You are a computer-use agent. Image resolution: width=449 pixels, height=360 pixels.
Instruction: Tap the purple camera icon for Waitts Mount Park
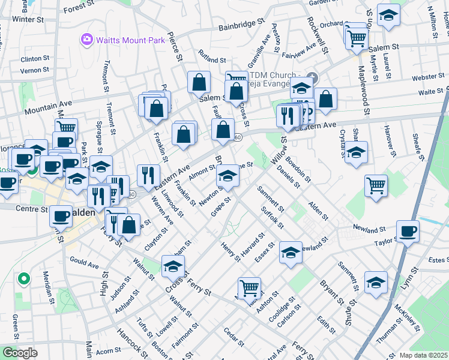[86, 40]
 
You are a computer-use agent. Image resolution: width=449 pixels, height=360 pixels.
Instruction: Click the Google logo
[19, 352]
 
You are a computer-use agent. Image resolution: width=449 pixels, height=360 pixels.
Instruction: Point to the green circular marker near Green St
[24, 278]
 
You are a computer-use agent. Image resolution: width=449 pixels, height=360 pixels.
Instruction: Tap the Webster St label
[427, 78]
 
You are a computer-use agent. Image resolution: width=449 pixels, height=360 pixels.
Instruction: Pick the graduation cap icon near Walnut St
[173, 266]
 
